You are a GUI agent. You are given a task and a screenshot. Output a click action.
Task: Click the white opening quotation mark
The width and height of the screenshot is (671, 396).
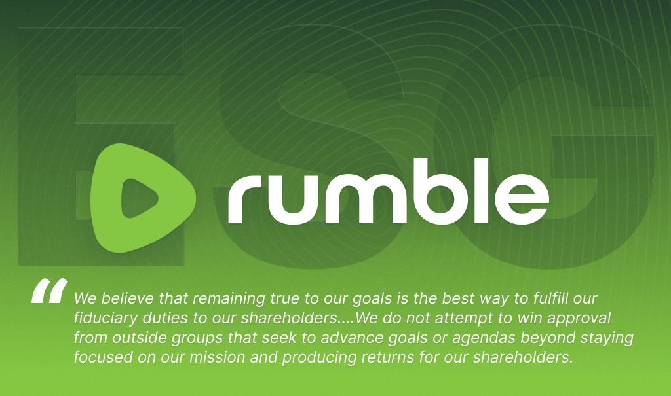(50, 291)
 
